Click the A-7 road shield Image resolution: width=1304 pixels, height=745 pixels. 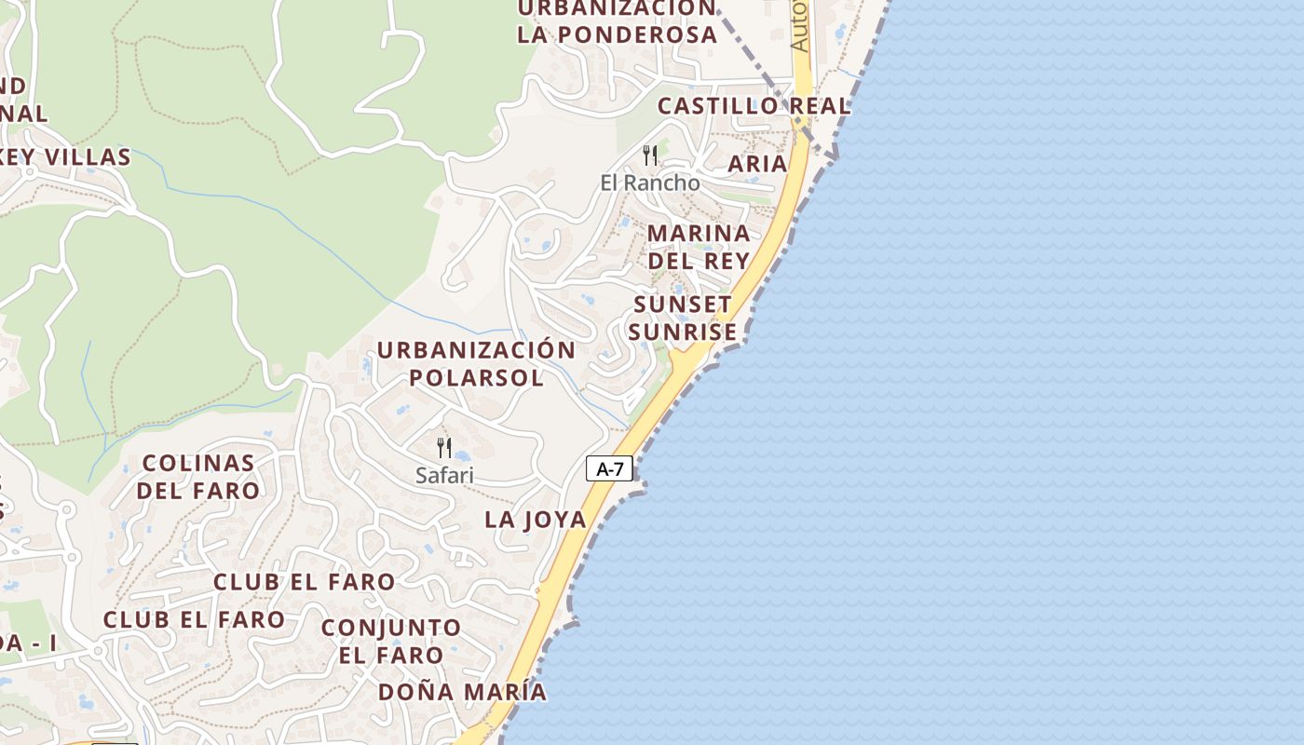[609, 469]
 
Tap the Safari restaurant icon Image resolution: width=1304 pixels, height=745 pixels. [444, 448]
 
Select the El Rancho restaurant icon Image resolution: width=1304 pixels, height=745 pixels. [650, 155]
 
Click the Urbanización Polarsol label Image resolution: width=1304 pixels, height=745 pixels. [476, 363]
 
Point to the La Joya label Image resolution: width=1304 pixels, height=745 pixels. [536, 520]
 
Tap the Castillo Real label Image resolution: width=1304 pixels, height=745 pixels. [754, 106]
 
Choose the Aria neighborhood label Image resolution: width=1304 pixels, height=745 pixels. [757, 164]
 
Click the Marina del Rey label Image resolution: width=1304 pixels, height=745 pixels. [699, 247]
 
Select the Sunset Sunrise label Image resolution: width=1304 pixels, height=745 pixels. [683, 318]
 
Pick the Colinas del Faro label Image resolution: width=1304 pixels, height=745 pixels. [198, 476]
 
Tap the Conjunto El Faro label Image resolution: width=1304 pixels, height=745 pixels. [391, 641]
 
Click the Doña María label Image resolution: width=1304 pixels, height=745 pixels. [462, 692]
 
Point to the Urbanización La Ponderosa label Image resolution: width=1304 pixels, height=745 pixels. [618, 22]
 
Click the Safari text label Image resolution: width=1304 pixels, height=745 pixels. [444, 476]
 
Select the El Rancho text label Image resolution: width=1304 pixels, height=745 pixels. [650, 183]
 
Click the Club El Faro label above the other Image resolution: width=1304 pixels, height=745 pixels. [305, 582]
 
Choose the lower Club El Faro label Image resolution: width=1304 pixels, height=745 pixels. [194, 619]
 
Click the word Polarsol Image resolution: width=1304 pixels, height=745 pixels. [476, 377]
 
